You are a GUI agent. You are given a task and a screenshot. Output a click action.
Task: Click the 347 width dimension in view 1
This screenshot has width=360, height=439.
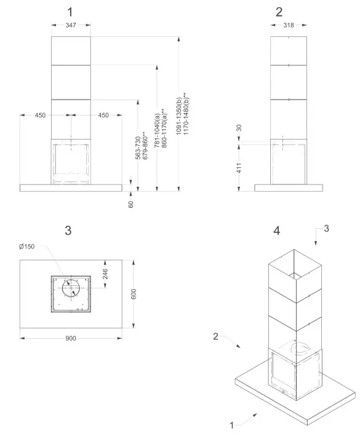[x=71, y=25]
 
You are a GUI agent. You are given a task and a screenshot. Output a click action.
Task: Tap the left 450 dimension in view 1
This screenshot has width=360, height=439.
[x=40, y=115]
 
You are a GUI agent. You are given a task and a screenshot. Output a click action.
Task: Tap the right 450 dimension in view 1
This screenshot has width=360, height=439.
[x=103, y=115]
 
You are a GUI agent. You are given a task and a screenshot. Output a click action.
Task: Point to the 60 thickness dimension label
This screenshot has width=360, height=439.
[x=131, y=203]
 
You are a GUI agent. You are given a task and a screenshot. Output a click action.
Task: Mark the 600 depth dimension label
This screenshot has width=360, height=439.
[x=133, y=294]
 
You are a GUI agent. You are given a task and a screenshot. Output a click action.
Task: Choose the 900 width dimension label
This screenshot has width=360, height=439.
[x=71, y=338]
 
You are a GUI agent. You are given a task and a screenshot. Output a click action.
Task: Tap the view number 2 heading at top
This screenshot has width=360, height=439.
[x=279, y=11]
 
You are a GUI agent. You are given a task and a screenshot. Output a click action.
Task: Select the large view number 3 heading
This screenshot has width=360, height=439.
[x=68, y=230]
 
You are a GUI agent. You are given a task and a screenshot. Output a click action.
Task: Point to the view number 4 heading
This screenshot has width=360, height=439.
[x=277, y=231]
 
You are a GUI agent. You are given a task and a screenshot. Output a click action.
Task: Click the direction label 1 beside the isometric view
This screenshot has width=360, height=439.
[x=231, y=424]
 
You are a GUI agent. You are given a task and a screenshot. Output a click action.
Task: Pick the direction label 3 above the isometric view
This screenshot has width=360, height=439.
[x=326, y=229]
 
